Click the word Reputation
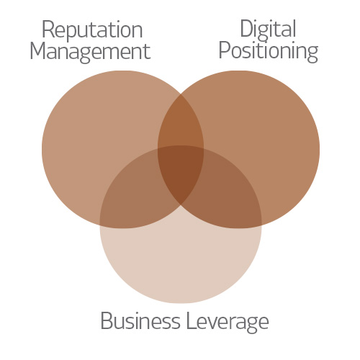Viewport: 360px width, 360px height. pos(92,31)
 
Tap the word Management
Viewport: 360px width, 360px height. pos(90,52)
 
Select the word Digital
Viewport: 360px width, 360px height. pos(268,31)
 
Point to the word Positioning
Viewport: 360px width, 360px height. pos(269,52)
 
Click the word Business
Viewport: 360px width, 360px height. pos(140,321)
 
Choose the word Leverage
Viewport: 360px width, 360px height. pos(228,323)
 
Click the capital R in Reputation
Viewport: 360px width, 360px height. pos(48,30)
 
